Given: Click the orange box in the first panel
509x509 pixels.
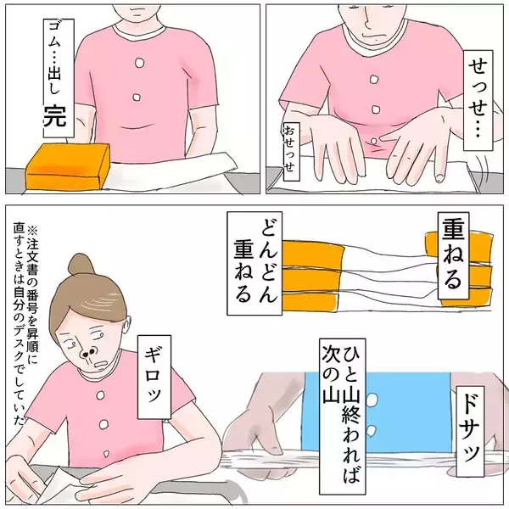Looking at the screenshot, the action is pos(68,166).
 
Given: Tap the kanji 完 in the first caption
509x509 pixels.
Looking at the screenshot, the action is pos(55,116).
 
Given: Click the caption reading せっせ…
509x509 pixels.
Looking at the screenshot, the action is pos(478,100).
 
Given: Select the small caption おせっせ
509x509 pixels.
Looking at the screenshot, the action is pos(292,151).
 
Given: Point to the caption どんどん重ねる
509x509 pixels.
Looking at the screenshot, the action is pos(255,263).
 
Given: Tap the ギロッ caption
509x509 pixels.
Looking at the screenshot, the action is pos(154,378).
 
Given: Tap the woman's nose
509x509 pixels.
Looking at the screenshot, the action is pos(88,353).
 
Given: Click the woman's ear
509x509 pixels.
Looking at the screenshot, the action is pos(127,326).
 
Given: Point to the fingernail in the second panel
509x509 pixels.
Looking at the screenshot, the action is pos(439,177).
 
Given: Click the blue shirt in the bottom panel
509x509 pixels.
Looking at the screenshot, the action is pos(376,411).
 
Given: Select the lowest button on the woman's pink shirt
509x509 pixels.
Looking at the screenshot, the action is pos(106,453).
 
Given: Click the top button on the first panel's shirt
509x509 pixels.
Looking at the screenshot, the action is pos(139,63).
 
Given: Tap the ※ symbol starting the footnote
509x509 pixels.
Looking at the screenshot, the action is pos(33,231).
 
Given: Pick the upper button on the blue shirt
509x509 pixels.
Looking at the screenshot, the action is pos(372,400).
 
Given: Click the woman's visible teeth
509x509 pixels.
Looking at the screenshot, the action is pos(100,365).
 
